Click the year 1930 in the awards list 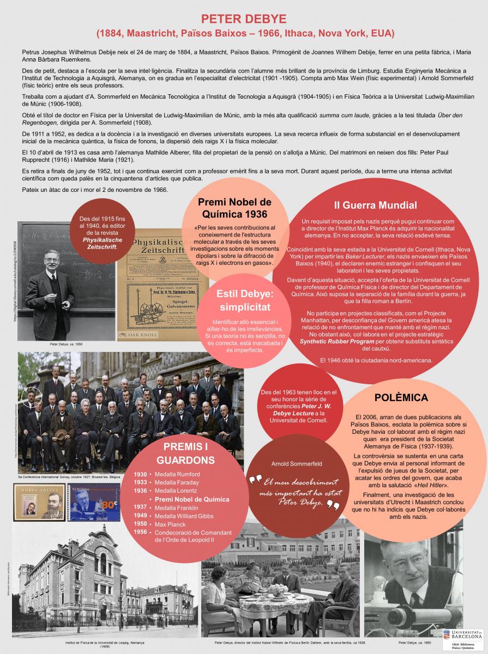point(140,474)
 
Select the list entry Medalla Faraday point(177,482)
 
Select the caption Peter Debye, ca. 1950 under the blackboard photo point(64,345)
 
